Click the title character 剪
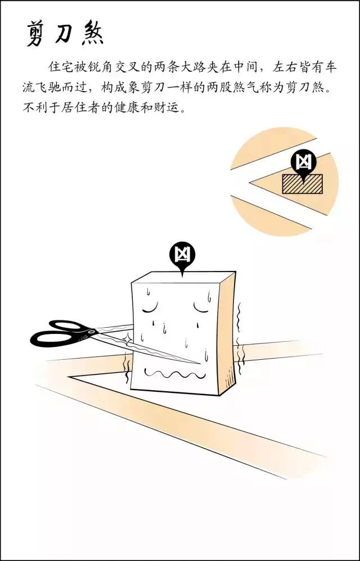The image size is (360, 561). pyautogui.click(x=37, y=34)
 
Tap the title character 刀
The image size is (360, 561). pyautogui.click(x=65, y=34)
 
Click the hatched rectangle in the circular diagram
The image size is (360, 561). pyautogui.click(x=302, y=184)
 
